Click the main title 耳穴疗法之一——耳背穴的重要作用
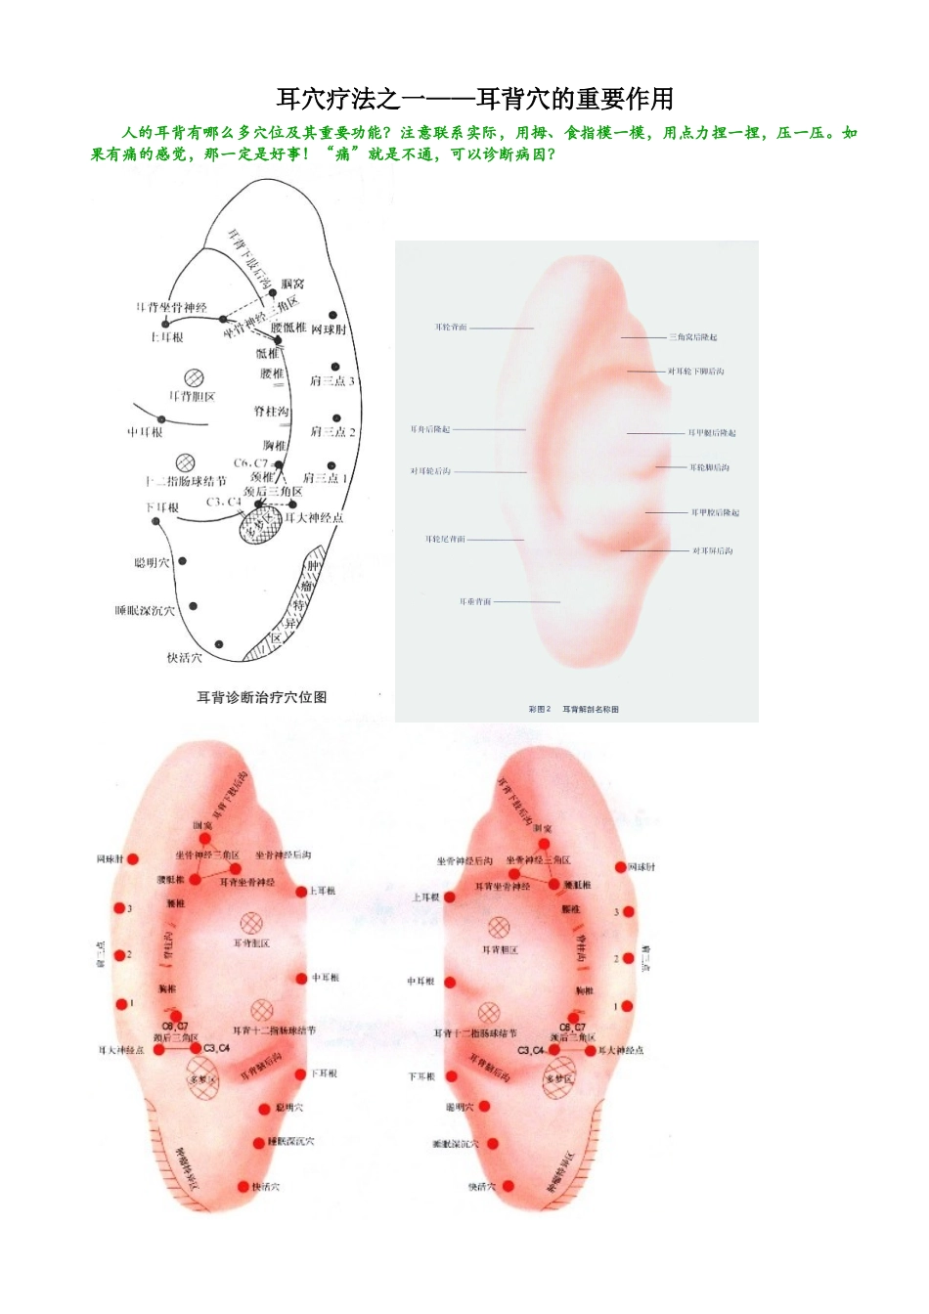click(475, 99)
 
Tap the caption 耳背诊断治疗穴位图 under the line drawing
click(262, 697)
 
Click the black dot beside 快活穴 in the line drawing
click(219, 644)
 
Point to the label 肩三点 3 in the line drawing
click(332, 381)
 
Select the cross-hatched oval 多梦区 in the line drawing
click(260, 525)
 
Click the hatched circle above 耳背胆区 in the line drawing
click(194, 377)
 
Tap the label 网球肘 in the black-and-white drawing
click(329, 329)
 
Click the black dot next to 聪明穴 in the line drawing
click(183, 561)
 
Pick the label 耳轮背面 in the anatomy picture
click(451, 328)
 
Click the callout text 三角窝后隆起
click(693, 337)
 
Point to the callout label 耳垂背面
click(475, 602)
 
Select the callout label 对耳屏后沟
click(713, 551)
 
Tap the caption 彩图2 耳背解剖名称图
click(573, 709)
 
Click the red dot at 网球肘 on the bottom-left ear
click(133, 859)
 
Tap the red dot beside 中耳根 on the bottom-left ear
click(302, 979)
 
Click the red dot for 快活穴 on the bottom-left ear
click(243, 1187)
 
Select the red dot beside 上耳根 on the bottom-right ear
click(450, 897)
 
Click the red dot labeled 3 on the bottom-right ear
click(627, 912)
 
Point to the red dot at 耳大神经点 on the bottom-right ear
click(592, 1050)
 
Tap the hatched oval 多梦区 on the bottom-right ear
click(560, 1079)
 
